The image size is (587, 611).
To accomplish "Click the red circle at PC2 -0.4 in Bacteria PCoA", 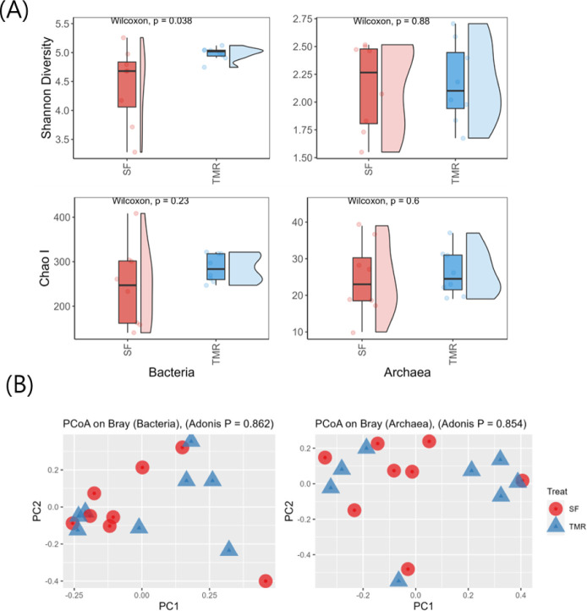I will [x=266, y=581].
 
